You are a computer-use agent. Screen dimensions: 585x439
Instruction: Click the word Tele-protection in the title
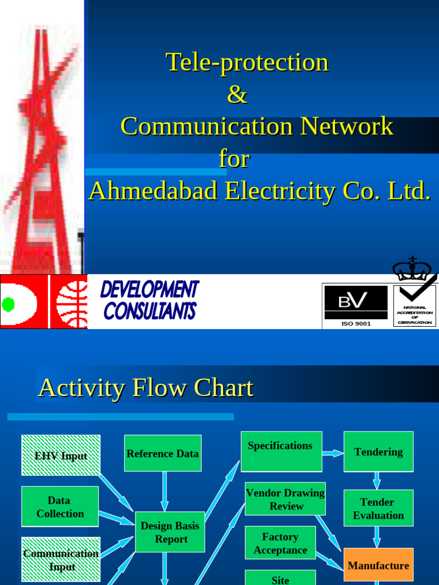(x=247, y=62)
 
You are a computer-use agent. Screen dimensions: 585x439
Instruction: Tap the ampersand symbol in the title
(x=237, y=94)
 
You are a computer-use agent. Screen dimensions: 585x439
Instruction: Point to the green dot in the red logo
(x=8, y=304)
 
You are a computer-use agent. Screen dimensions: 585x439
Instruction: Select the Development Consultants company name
(x=150, y=300)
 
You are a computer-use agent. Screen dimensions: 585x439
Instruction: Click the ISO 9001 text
(x=356, y=324)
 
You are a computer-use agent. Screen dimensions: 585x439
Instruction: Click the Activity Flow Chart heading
(x=145, y=388)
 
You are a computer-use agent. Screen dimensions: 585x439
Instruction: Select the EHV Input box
(x=61, y=455)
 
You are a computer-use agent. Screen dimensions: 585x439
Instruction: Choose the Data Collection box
(x=60, y=507)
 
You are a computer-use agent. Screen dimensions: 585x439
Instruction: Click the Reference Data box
(x=163, y=454)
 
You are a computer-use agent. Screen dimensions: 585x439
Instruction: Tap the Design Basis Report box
(x=170, y=532)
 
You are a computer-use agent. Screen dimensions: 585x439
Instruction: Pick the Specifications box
(x=281, y=451)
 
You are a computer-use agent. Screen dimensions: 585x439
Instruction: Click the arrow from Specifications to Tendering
(x=333, y=454)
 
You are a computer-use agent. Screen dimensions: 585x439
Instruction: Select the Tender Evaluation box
(x=378, y=508)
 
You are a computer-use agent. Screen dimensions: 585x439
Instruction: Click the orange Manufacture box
(x=378, y=566)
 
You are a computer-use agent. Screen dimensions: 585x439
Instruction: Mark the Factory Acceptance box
(x=280, y=543)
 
